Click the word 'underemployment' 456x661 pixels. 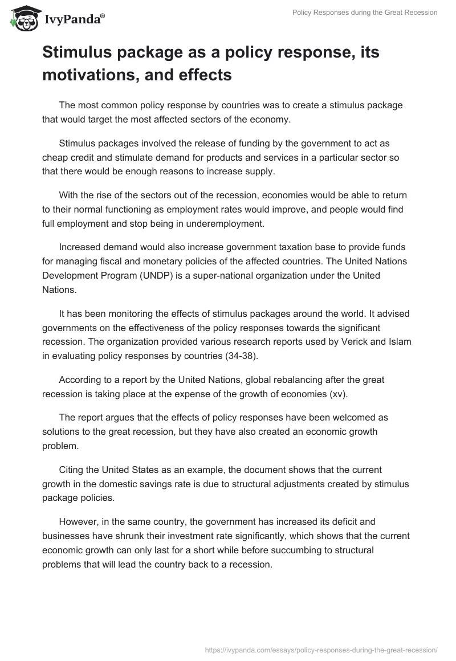[x=230, y=223]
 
